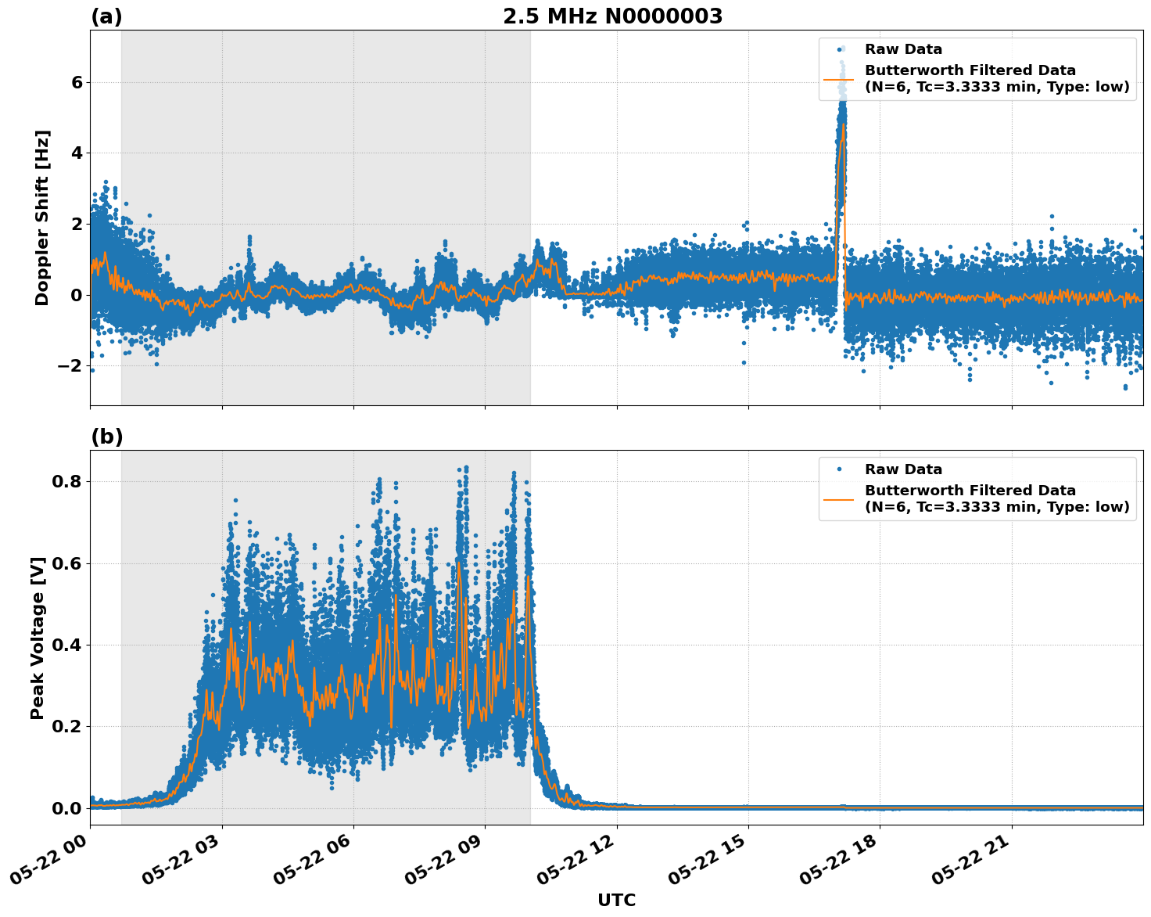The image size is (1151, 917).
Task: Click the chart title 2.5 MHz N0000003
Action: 612,16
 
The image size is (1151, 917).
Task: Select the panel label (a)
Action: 106,16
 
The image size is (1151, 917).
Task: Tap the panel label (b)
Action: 106,437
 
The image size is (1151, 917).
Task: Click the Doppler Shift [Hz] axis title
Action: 42,218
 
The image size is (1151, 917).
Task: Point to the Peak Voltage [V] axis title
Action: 38,638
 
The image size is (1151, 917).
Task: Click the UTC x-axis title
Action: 616,900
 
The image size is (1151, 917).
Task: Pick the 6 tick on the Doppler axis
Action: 77,82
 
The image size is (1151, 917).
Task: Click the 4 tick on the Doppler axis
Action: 77,153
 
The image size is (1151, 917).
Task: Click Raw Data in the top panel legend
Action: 903,49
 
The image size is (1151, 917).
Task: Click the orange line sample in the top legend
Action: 839,79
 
